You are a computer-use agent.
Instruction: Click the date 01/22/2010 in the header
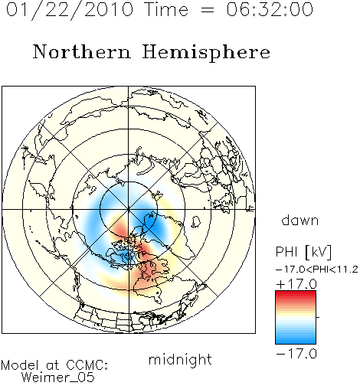[x=70, y=10]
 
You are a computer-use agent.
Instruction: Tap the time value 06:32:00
[x=270, y=9]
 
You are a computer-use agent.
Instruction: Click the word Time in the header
[x=166, y=9]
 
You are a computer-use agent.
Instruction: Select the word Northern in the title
[x=82, y=51]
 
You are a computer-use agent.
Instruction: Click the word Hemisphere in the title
[x=206, y=53]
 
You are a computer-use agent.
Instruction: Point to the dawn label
[x=299, y=220]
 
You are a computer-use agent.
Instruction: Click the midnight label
[x=180, y=359]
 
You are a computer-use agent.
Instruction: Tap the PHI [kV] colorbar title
[x=304, y=252]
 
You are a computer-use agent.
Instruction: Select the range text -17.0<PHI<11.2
[x=317, y=270]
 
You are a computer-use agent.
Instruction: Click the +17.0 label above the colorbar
[x=296, y=284]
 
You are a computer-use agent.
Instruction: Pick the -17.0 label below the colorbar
[x=296, y=354]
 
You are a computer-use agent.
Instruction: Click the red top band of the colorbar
[x=296, y=293]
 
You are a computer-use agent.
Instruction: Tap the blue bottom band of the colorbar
[x=296, y=342]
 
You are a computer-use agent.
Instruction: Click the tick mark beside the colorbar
[x=318, y=317]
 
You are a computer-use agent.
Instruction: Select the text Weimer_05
[x=57, y=378]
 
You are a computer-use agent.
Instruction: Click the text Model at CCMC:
[x=54, y=365]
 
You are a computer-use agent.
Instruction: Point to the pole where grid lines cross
[x=129, y=209]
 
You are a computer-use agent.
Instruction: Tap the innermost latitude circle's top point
[x=129, y=181]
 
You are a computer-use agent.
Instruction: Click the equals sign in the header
[x=208, y=10]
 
